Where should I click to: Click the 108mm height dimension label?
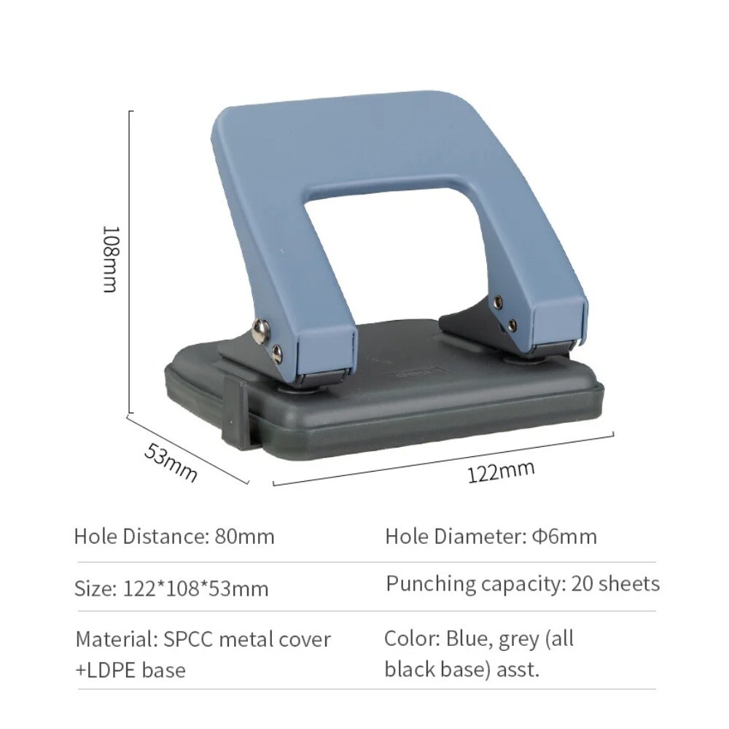[x=109, y=259]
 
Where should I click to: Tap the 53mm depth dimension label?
[x=171, y=462]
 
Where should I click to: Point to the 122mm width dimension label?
[x=501, y=472]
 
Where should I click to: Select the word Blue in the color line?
[x=467, y=639]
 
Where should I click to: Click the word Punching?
[x=431, y=584]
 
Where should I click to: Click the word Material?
[x=113, y=639]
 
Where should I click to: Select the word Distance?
[x=164, y=537]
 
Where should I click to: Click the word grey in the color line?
[x=519, y=640]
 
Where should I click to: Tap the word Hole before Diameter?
[x=407, y=537]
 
